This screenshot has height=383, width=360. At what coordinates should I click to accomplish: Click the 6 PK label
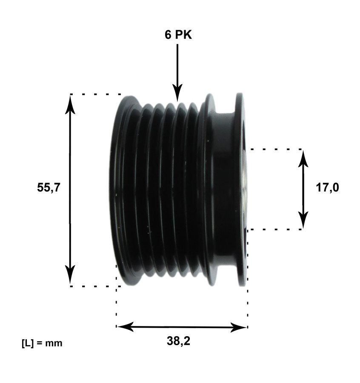(178, 35)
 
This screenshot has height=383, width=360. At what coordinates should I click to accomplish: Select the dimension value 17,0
(327, 188)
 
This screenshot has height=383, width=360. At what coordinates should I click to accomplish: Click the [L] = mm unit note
(42, 343)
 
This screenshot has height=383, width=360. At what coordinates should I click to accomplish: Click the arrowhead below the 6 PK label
(177, 93)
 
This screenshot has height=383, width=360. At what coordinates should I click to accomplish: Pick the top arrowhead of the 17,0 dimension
(303, 159)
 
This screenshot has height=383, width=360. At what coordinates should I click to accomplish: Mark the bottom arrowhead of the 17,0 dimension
(303, 220)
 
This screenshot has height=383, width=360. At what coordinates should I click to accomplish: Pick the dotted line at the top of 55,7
(96, 94)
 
